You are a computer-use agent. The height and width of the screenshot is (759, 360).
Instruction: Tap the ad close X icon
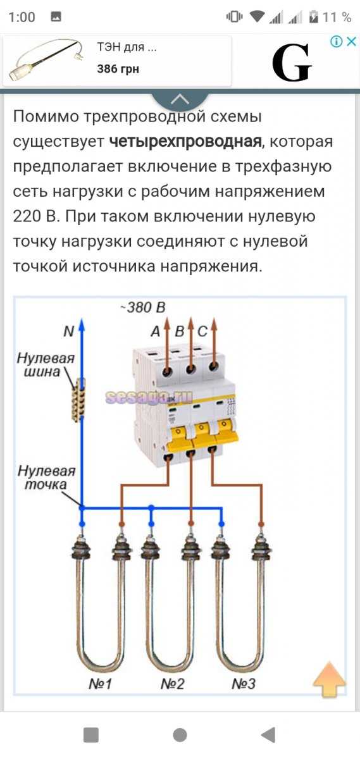pyautogui.click(x=352, y=42)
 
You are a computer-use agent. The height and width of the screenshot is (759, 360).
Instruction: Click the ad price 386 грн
pyautogui.click(x=118, y=69)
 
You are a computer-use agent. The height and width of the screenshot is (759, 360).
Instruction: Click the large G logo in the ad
pyautogui.click(x=292, y=63)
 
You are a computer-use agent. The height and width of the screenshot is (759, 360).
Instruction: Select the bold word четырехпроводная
pyautogui.click(x=185, y=142)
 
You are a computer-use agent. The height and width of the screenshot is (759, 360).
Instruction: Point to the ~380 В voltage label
pyautogui.click(x=143, y=307)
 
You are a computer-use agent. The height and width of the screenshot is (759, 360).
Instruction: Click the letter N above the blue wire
pyautogui.click(x=69, y=331)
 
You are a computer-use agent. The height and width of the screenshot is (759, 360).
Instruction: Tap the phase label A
pyautogui.click(x=155, y=331)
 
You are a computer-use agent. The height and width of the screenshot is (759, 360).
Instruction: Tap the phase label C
pyautogui.click(x=202, y=331)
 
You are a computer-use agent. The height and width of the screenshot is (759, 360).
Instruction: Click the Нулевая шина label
pyautogui.click(x=46, y=365)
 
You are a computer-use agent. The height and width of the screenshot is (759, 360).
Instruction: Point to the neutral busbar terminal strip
pyautogui.click(x=78, y=400)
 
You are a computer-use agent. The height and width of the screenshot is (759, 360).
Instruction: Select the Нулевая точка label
pyautogui.click(x=46, y=478)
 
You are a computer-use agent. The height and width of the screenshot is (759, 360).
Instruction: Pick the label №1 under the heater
pyautogui.click(x=100, y=684)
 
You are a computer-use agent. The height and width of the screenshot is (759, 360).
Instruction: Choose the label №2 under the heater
pyautogui.click(x=173, y=684)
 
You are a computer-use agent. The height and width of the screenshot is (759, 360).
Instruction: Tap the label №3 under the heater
pyautogui.click(x=244, y=684)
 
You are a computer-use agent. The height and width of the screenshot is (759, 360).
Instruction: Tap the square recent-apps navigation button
pyautogui.click(x=91, y=735)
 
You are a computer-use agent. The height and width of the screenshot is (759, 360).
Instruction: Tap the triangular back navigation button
pyautogui.click(x=268, y=735)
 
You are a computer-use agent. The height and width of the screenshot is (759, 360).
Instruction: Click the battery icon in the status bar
pyautogui.click(x=314, y=17)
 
